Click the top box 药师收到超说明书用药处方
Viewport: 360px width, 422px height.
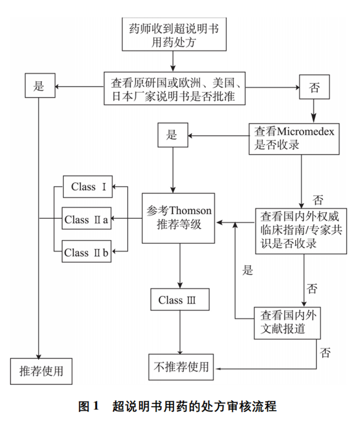[x=173, y=35]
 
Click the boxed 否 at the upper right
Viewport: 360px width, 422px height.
[x=314, y=88]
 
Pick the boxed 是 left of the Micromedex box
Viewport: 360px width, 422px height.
[x=172, y=135]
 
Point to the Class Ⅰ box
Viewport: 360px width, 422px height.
[x=87, y=187]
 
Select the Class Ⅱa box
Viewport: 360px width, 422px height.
[x=87, y=220]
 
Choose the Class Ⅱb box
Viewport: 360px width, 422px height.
[x=87, y=252]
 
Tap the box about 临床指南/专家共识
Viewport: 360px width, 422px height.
[x=300, y=229]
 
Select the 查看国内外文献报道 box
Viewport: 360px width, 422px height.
[x=286, y=323]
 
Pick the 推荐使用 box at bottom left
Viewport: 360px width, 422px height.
[x=41, y=372]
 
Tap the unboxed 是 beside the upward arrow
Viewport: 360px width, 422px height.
[x=247, y=271]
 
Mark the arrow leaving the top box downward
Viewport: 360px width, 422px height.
[x=173, y=61]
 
